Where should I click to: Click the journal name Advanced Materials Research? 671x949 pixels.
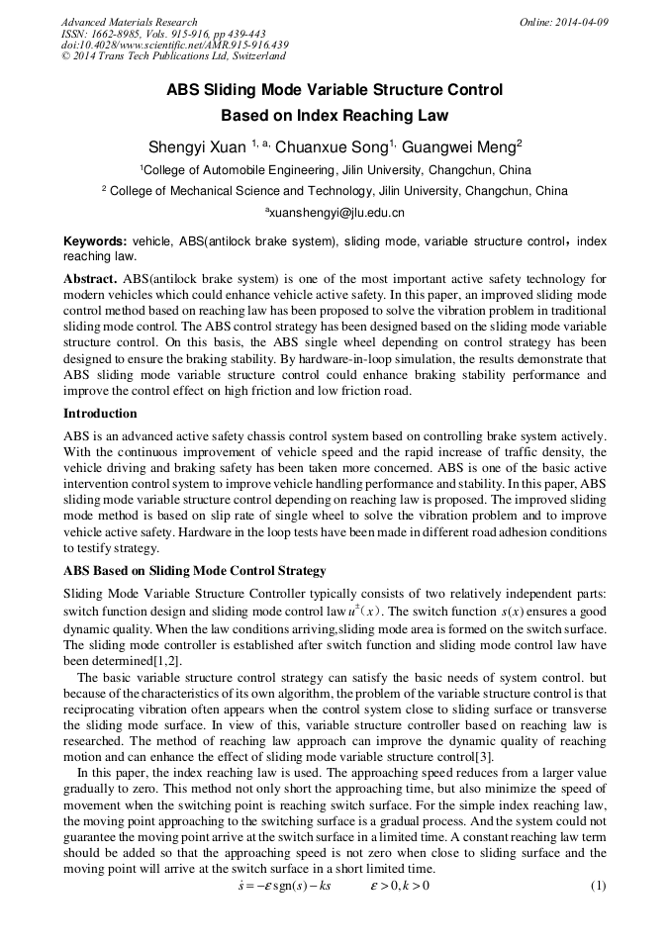129,22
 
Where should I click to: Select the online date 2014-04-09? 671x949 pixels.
564,22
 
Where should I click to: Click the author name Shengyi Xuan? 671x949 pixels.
197,147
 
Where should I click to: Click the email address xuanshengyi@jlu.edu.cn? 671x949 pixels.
335,213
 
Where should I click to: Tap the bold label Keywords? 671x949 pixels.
95,241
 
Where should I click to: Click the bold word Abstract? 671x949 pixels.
91,278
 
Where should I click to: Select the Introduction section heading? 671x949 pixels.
100,413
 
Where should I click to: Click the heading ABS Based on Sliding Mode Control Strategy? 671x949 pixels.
194,571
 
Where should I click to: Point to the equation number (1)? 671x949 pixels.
597,885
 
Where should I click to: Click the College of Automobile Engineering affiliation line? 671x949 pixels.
335,170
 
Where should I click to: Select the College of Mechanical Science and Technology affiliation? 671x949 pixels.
335,191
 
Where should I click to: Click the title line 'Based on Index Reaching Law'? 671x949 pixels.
335,116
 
